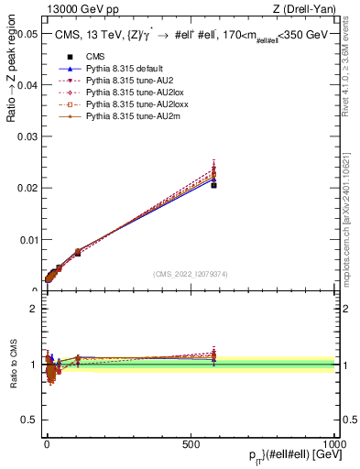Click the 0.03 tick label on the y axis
pyautogui.click(x=27, y=136)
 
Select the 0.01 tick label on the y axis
pyautogui.click(x=27, y=240)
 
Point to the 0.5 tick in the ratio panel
pyautogui.click(x=28, y=420)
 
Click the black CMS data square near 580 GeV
pyautogui.click(x=213, y=185)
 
